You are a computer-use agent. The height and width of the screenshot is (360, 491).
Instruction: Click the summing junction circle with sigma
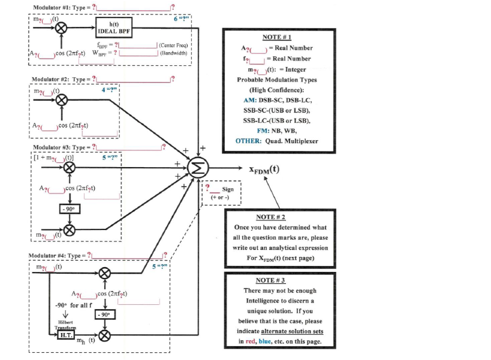pyautogui.click(x=197, y=168)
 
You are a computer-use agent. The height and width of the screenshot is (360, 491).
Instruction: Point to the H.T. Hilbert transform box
pyautogui.click(x=65, y=335)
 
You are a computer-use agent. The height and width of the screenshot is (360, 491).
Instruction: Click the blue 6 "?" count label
pyautogui.click(x=181, y=19)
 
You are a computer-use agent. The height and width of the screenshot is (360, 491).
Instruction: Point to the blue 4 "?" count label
pyautogui.click(x=109, y=90)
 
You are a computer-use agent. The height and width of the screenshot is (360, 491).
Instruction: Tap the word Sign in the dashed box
pyautogui.click(x=228, y=189)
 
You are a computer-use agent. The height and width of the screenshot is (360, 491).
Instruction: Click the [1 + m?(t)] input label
pyautogui.click(x=53, y=157)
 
